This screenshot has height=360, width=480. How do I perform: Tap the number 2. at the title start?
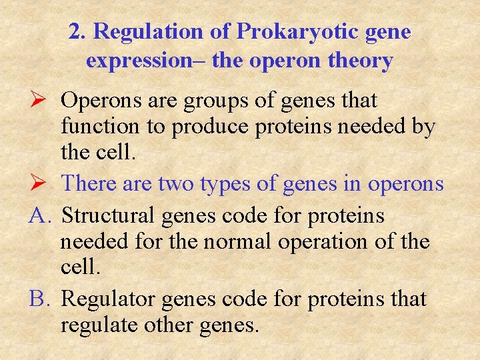[78, 32]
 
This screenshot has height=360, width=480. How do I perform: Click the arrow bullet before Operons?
[38, 101]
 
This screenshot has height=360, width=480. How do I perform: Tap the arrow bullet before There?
[38, 183]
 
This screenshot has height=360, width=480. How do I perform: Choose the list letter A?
[40, 216]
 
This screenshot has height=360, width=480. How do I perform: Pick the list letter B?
[39, 299]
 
